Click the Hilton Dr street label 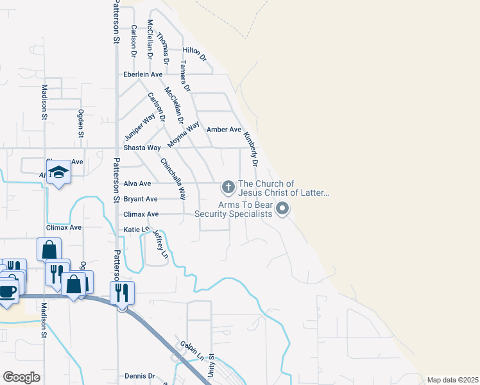pos(194,53)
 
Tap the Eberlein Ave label pos(143,75)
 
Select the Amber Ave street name pos(224,130)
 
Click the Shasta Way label pos(142,148)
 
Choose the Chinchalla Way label pos(173,179)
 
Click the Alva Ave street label pos(137,184)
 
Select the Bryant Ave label pos(141,199)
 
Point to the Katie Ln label pos(137,229)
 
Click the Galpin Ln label pos(192,350)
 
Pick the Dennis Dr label pos(140,376)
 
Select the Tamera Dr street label pos(185,76)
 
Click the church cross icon pos(227,187)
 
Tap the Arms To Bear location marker pos(282,209)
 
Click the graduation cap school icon pos(58,172)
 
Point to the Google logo pos(21,377)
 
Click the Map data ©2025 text pos(452,380)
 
